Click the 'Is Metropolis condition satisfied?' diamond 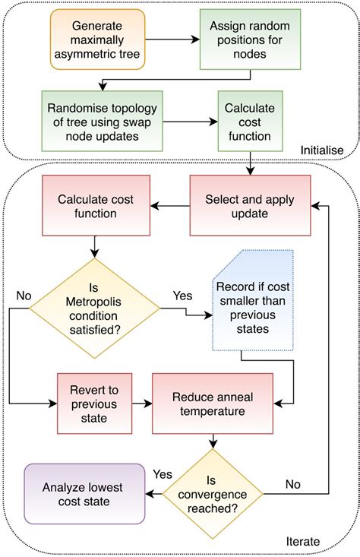point(93,308)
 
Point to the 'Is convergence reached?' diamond point(213,494)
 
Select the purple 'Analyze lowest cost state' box point(84,494)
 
